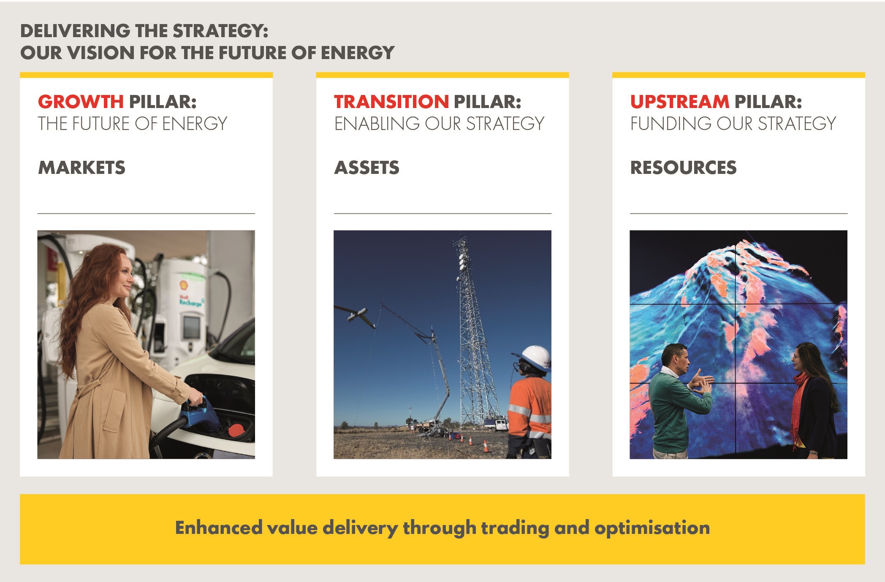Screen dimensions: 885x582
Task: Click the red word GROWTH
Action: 81,102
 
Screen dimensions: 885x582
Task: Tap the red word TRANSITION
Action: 391,102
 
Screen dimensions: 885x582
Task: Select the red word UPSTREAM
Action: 680,102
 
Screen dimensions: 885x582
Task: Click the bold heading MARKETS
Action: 82,168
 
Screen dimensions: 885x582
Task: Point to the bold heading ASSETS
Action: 367,168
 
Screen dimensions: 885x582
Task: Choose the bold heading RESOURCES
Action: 684,168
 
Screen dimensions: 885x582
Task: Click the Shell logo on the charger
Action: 185,285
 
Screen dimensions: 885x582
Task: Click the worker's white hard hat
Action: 533,357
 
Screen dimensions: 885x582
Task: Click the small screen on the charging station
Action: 192,327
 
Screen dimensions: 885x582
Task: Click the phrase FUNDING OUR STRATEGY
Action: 733,124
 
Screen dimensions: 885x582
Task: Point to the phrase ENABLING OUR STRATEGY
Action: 439,124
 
